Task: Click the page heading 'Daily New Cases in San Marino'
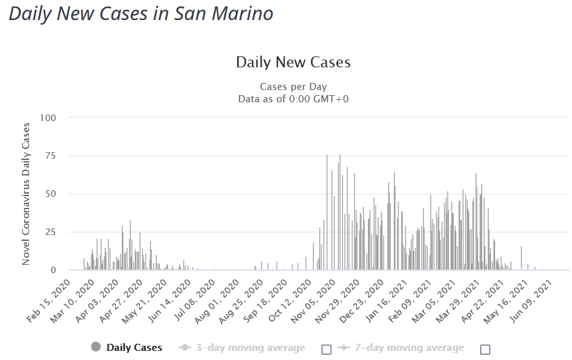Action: (x=141, y=14)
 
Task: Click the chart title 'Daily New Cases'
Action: (x=293, y=62)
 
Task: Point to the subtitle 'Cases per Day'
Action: (x=293, y=86)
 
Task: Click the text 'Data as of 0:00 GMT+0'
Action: (x=293, y=98)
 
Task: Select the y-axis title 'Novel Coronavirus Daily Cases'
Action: (x=27, y=193)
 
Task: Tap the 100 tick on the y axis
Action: (x=48, y=118)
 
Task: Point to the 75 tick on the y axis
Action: (x=51, y=156)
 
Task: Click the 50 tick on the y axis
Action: (x=51, y=194)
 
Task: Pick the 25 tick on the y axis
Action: (x=51, y=232)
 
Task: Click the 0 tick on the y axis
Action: (x=54, y=270)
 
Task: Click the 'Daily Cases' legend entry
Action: (x=134, y=348)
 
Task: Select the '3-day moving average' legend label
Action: (x=251, y=348)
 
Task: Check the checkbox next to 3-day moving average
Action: (x=326, y=349)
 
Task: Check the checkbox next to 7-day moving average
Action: (x=485, y=349)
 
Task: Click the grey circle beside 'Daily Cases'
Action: (x=97, y=348)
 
